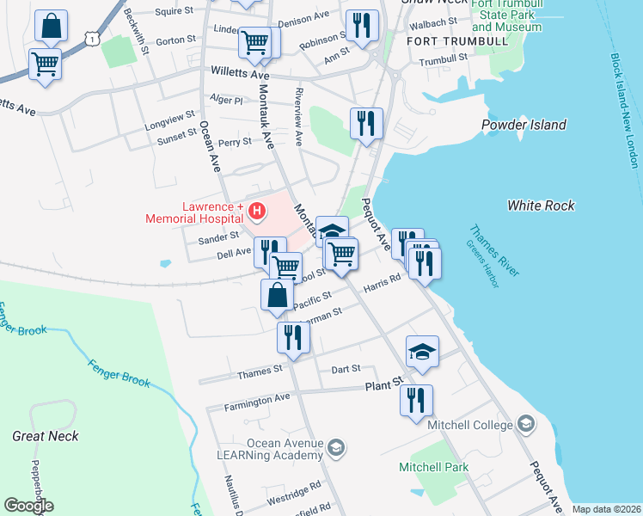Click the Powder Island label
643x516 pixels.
pyautogui.click(x=524, y=126)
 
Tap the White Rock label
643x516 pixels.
pyautogui.click(x=541, y=206)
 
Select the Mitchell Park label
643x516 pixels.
pyautogui.click(x=433, y=468)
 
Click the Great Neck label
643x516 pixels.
pyautogui.click(x=46, y=436)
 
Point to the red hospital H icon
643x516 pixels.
pyautogui.click(x=255, y=210)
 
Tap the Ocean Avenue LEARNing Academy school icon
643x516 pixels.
pyautogui.click(x=336, y=447)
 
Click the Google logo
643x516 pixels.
pyautogui.click(x=29, y=506)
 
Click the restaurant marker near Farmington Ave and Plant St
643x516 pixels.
pyautogui.click(x=416, y=401)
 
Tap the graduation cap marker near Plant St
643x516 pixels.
pyautogui.click(x=422, y=352)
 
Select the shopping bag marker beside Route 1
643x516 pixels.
pyautogui.click(x=51, y=27)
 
